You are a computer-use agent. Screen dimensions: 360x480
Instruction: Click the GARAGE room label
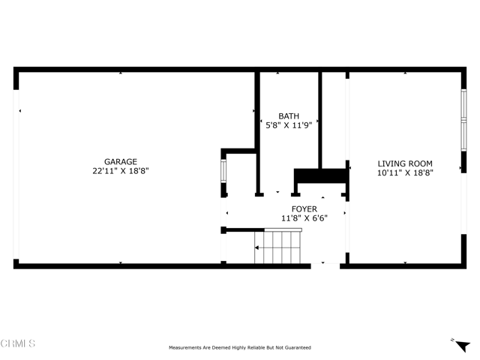point(120,161)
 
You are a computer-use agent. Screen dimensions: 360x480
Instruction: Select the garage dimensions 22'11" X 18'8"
point(120,171)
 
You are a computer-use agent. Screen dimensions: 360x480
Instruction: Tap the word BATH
point(289,116)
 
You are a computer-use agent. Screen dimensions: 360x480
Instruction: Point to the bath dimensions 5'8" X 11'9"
point(289,126)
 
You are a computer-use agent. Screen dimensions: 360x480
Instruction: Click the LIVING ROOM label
point(405,163)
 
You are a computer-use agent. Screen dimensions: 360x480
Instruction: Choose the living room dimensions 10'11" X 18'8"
point(405,172)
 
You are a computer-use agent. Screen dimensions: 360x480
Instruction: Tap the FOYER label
point(304,209)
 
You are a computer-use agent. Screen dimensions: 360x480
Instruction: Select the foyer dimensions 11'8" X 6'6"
point(304,219)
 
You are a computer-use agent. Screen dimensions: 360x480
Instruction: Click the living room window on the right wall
point(463,120)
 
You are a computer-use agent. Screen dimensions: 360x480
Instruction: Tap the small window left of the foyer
point(223,172)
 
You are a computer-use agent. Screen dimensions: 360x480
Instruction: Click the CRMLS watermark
point(18,344)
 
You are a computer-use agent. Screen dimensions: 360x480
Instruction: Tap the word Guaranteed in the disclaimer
point(297,348)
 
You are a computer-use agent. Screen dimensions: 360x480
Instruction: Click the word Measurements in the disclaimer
point(185,348)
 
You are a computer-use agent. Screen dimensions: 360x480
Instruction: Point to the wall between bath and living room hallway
point(320,120)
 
